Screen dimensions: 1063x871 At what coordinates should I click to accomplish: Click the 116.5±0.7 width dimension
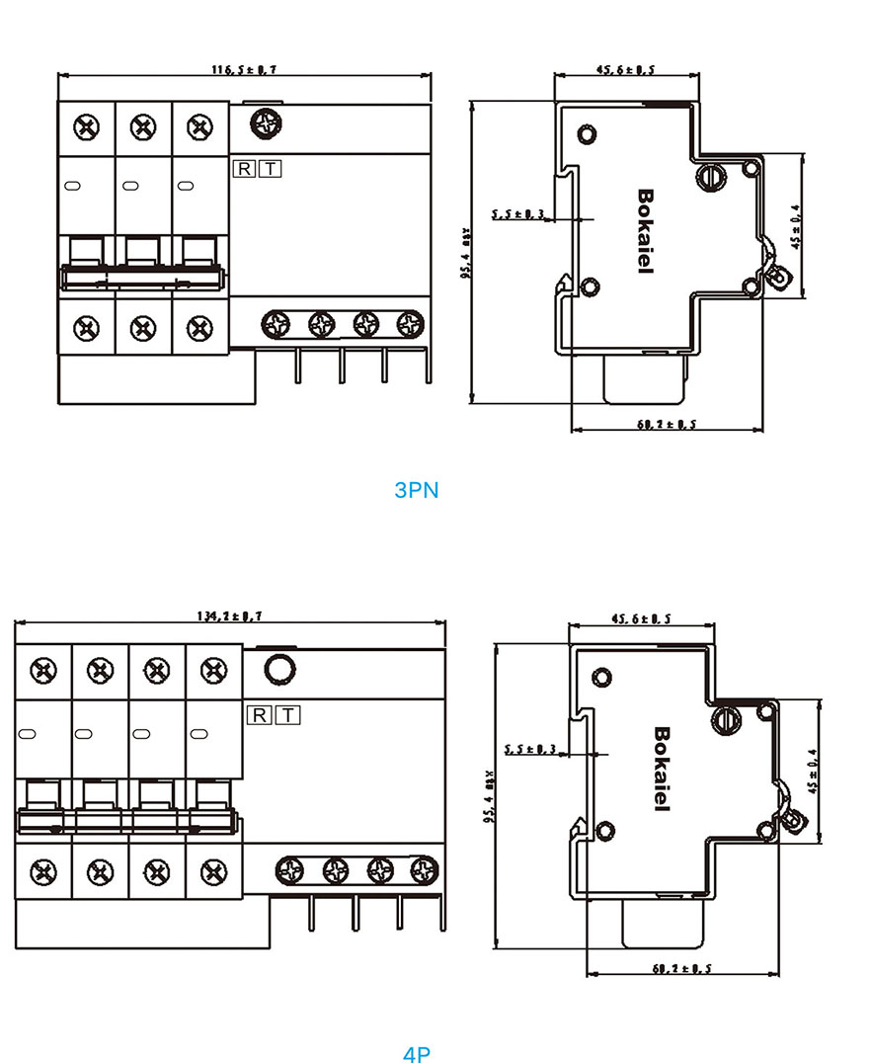(245, 69)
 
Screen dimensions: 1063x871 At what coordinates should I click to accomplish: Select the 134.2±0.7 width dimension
(229, 615)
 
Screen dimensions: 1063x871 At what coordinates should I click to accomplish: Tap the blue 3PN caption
(416, 490)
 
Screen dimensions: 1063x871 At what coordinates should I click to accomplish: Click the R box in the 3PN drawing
(244, 168)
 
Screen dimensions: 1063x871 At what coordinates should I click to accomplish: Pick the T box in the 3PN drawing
(270, 168)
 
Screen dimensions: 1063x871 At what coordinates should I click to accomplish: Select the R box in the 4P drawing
(259, 714)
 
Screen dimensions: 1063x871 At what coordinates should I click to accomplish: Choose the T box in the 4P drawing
(286, 714)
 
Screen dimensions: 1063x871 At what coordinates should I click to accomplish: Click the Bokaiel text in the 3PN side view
(646, 231)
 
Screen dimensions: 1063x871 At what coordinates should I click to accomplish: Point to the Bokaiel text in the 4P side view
(662, 769)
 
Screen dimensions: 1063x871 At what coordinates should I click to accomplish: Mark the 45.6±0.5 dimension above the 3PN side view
(626, 69)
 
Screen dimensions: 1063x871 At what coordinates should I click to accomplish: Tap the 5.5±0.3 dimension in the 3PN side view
(518, 213)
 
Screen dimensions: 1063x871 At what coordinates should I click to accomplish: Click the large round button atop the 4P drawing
(279, 670)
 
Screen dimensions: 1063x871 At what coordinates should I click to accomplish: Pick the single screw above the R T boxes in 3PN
(266, 124)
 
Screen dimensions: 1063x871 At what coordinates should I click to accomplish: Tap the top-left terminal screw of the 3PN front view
(87, 127)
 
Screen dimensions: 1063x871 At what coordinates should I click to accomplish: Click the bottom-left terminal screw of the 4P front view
(42, 870)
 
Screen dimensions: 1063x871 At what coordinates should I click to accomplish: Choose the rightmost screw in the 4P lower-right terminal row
(425, 870)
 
